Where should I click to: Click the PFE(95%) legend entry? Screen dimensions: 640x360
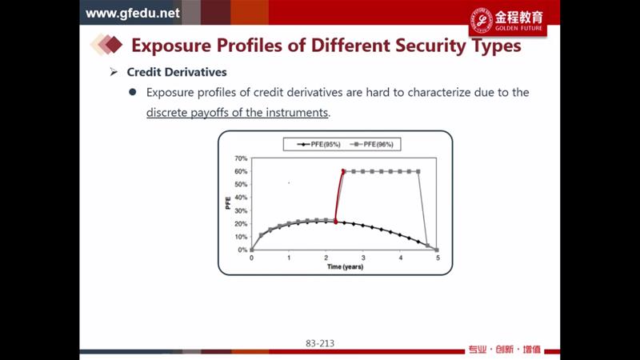pyautogui.click(x=318, y=144)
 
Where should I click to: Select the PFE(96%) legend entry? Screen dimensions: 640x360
pyautogui.click(x=371, y=144)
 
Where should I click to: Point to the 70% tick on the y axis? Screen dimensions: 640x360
pyautogui.click(x=241, y=158)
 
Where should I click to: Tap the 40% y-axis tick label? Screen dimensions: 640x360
pyautogui.click(x=241, y=198)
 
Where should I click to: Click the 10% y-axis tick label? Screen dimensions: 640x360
pyautogui.click(x=241, y=237)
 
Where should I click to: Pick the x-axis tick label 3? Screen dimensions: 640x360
pyautogui.click(x=363, y=258)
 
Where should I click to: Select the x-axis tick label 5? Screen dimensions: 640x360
pyautogui.click(x=438, y=258)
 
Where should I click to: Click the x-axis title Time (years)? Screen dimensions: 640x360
pyautogui.click(x=345, y=267)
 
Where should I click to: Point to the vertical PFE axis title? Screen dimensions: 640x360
pyautogui.click(x=228, y=203)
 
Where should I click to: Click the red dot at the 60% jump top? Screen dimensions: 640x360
pyautogui.click(x=343, y=171)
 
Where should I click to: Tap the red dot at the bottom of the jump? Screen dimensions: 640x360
pyautogui.click(x=336, y=222)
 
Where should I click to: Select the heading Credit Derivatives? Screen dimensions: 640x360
pyautogui.click(x=177, y=72)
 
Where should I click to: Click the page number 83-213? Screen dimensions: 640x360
pyautogui.click(x=320, y=343)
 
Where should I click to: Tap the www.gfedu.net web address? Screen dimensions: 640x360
pyautogui.click(x=133, y=13)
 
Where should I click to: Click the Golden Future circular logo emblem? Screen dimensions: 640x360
pyautogui.click(x=482, y=21)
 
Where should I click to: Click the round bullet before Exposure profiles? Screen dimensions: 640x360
pyautogui.click(x=132, y=92)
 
